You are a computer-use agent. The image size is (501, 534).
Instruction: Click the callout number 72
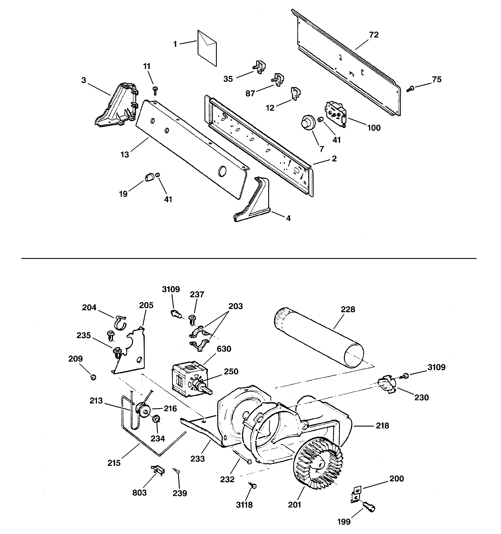tap(374, 35)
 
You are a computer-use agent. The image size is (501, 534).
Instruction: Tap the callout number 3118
tap(244, 505)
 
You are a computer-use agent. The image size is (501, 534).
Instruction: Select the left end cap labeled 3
tap(117, 106)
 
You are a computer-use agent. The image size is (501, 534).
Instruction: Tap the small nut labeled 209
tap(93, 378)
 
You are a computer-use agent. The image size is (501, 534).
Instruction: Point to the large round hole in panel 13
tap(222, 171)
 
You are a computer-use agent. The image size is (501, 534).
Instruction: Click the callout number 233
tap(197, 459)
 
